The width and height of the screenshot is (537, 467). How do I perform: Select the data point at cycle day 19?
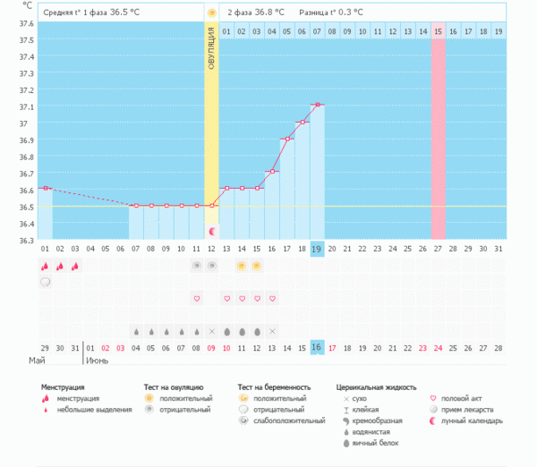click(317, 105)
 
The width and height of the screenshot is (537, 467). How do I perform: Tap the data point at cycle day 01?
click(45, 188)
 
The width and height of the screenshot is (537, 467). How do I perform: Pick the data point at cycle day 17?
click(286, 139)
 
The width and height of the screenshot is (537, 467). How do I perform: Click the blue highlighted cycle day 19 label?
click(317, 248)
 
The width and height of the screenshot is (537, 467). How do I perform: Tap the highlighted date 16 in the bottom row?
click(317, 347)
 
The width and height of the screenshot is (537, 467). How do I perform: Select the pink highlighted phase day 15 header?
click(438, 31)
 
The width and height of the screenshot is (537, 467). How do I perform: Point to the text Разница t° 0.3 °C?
click(331, 13)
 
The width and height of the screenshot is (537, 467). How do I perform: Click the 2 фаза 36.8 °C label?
click(256, 13)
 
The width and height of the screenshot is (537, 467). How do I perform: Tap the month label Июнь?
click(98, 361)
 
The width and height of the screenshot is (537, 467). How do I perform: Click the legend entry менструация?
click(78, 398)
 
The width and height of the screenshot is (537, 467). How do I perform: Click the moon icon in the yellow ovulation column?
click(211, 232)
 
